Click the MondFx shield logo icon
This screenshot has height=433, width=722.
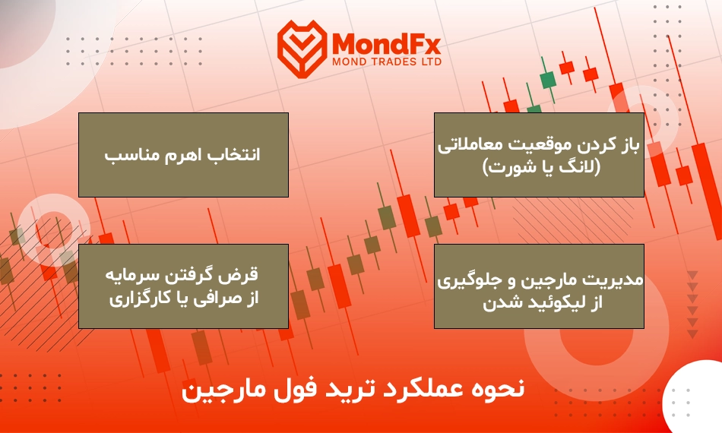(x=302, y=49)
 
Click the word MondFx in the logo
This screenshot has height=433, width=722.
(x=386, y=44)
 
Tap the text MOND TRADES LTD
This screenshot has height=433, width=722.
(x=387, y=62)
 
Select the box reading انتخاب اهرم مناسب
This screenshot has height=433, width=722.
(x=183, y=155)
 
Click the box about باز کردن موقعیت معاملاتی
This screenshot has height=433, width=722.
(x=539, y=155)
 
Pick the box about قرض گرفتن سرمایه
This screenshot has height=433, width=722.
(x=183, y=286)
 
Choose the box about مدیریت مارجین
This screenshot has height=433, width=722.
(x=539, y=286)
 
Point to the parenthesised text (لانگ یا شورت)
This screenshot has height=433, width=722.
(x=541, y=167)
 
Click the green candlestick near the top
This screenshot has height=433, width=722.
(x=547, y=80)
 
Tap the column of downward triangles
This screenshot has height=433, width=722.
(x=692, y=305)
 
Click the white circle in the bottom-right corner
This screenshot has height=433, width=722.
(x=695, y=397)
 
